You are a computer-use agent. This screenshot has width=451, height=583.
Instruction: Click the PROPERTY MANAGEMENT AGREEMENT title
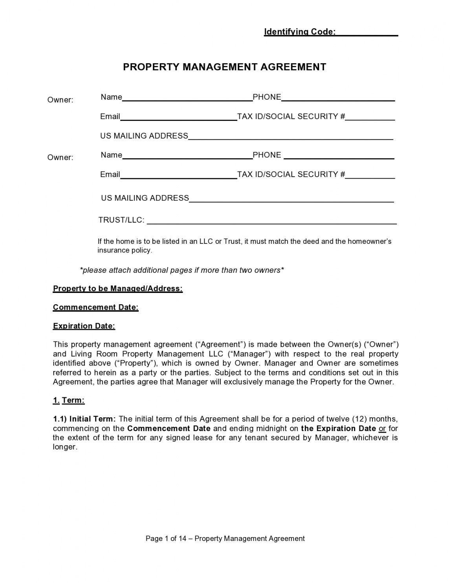point(225,67)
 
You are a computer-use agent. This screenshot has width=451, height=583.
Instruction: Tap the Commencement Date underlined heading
point(96,307)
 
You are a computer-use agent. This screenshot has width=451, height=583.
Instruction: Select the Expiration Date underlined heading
point(84,326)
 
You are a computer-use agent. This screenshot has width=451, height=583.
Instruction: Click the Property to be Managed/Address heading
point(118,289)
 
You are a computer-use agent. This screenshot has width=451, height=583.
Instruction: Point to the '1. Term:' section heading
point(69,400)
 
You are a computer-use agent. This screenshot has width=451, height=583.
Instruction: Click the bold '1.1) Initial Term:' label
point(84,419)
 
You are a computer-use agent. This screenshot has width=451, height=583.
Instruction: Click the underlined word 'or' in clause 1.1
point(382,429)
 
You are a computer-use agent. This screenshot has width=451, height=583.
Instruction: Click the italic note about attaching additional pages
point(182,270)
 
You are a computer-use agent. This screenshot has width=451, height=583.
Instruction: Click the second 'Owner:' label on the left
point(60,158)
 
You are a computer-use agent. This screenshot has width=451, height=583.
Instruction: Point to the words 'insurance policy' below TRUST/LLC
point(124,250)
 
